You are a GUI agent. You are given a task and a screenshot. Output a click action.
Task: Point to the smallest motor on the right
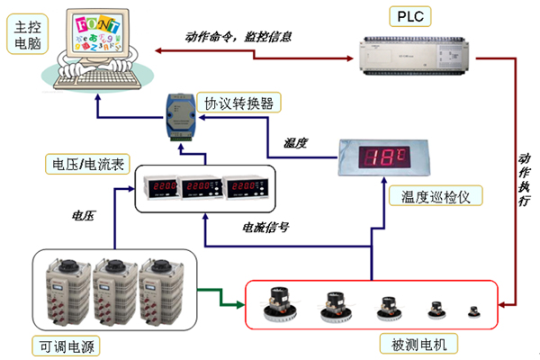tap(473, 311)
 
